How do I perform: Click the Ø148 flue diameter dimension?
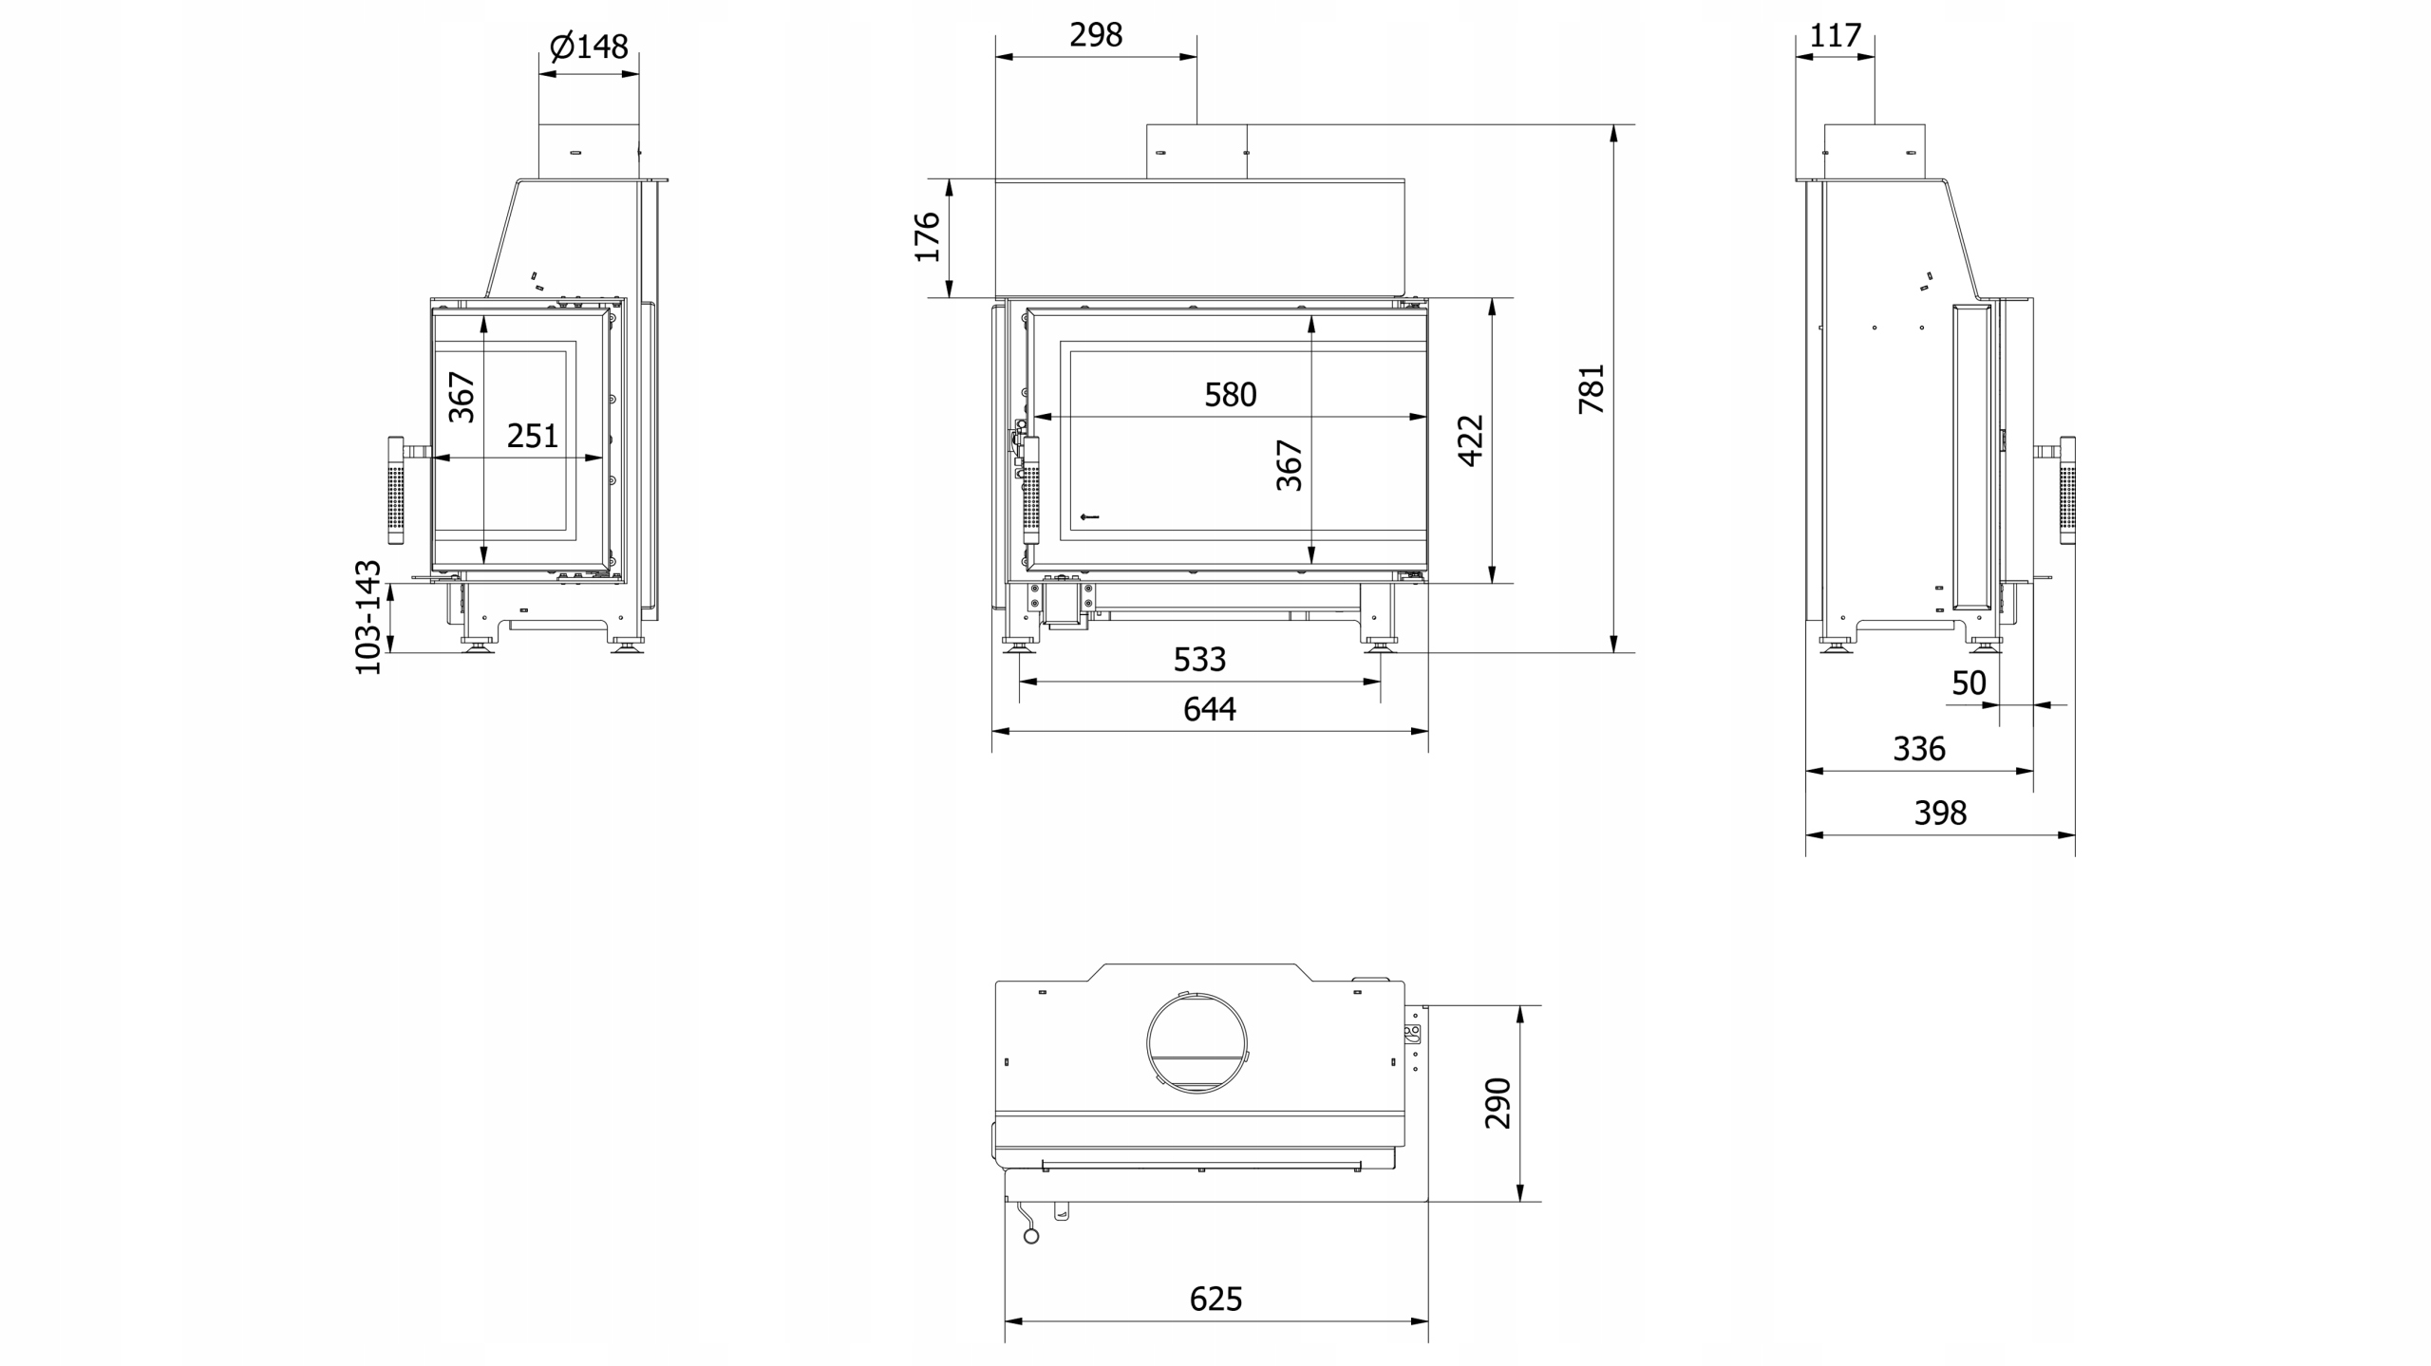click(589, 46)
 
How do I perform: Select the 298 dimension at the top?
click(1096, 35)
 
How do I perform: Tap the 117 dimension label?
click(1835, 36)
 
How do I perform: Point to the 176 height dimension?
click(927, 237)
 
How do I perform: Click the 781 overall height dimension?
click(1591, 388)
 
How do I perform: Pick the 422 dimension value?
click(1470, 440)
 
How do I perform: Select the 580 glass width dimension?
click(1231, 395)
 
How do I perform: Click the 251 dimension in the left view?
click(533, 436)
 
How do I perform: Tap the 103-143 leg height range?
click(367, 618)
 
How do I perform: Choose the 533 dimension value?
click(1200, 660)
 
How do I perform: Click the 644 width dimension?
click(1210, 709)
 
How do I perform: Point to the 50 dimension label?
click(1969, 683)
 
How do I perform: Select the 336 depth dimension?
click(1919, 749)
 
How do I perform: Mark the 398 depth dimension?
click(1940, 813)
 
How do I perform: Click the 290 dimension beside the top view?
click(1498, 1103)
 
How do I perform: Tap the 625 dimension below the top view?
click(1216, 1299)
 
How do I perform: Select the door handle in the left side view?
click(396, 489)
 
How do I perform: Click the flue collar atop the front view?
click(1197, 151)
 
